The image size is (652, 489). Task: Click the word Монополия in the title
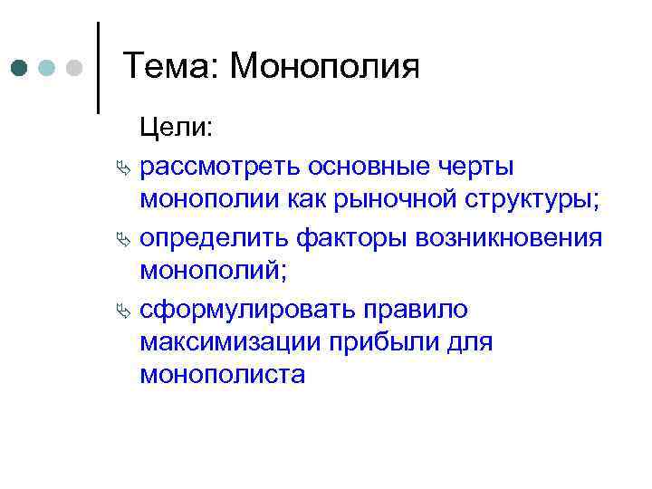click(324, 67)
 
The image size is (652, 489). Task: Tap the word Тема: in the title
click(168, 67)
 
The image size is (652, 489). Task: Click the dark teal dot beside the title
click(21, 68)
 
